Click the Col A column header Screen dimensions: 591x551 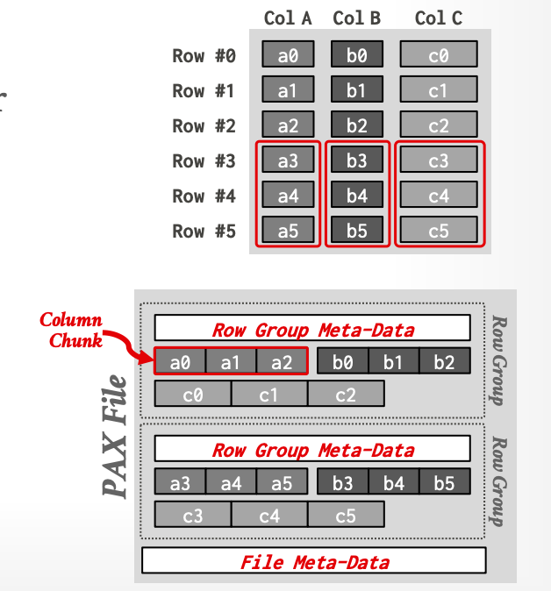[x=288, y=18]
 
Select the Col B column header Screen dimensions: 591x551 [x=356, y=18]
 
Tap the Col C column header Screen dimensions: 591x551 [x=439, y=18]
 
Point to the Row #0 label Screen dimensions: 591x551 [x=204, y=56]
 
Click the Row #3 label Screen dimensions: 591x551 [x=204, y=161]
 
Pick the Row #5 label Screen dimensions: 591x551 [x=204, y=231]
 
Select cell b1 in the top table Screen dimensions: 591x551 [x=356, y=90]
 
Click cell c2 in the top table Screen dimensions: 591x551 [x=439, y=125]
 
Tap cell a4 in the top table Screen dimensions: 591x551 [x=288, y=196]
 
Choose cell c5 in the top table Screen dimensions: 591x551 [x=439, y=231]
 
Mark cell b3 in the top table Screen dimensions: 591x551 [x=356, y=161]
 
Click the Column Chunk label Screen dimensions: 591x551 [x=72, y=330]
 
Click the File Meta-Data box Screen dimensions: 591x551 [x=314, y=561]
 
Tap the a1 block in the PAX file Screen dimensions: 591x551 [x=231, y=360]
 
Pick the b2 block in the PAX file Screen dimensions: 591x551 [x=445, y=360]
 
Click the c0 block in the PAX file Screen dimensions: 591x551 [x=193, y=394]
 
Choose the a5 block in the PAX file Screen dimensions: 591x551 [x=282, y=481]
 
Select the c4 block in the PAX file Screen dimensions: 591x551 [x=269, y=515]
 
